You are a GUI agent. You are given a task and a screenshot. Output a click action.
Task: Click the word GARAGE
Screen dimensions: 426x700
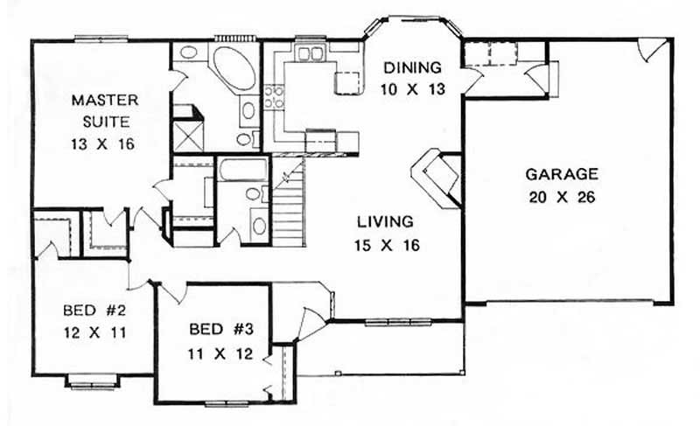point(563,174)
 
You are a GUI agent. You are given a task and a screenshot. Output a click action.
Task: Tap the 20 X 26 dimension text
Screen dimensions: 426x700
point(563,197)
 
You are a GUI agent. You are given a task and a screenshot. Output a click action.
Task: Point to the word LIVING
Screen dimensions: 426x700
point(390,222)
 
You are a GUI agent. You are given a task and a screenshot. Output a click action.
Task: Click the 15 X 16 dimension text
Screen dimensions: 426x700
point(390,245)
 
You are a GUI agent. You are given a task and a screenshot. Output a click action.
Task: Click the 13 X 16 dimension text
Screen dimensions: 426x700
point(103,144)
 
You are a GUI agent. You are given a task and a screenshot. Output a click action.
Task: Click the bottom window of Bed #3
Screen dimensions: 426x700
point(226,403)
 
